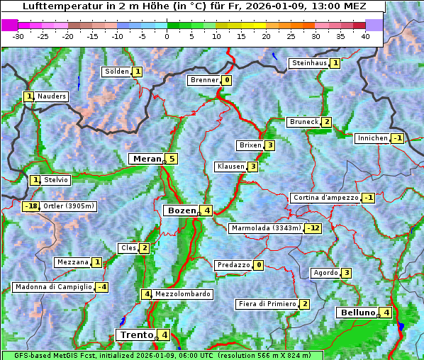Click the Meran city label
(x=146, y=159)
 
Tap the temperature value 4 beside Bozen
(x=206, y=210)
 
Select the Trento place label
(x=136, y=334)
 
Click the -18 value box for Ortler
(x=30, y=206)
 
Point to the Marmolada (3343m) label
(x=266, y=228)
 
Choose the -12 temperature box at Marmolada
(x=313, y=228)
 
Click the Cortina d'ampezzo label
(x=325, y=198)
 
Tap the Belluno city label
(x=357, y=313)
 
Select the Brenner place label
(x=204, y=80)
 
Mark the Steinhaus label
(x=309, y=63)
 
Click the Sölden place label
(x=117, y=72)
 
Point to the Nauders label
(x=52, y=96)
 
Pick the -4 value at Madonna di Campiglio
(x=102, y=287)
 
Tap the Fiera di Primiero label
(x=267, y=304)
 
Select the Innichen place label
(x=372, y=138)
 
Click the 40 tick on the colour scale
(x=365, y=35)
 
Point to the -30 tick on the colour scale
(x=18, y=35)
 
